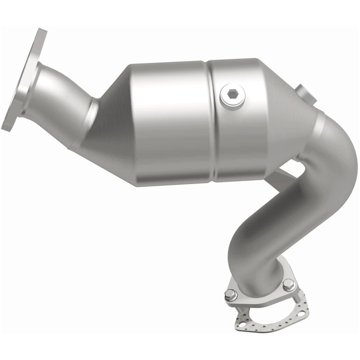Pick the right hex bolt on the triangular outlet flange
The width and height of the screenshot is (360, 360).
coord(288,284)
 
